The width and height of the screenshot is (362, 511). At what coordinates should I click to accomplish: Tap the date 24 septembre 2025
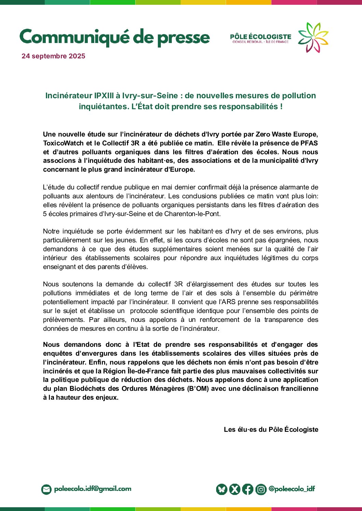pos(53,56)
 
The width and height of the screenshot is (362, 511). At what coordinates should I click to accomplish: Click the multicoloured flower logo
pos(313,38)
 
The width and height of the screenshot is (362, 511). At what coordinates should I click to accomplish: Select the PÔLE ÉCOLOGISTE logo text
pos(261,37)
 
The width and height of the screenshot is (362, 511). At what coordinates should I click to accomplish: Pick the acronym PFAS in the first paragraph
pos(309,143)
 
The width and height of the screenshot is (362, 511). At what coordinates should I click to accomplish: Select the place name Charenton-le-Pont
pos(192,214)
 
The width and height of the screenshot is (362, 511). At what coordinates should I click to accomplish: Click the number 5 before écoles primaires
pos(45,214)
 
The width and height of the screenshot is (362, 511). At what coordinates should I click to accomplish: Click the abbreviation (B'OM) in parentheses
pos(198,388)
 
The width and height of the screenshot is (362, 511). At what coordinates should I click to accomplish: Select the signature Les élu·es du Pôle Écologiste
pos(271,429)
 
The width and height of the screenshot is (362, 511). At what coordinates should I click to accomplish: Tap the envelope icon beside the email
pos(46,489)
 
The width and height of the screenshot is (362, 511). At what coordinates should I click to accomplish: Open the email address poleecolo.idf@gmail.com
pos(93,489)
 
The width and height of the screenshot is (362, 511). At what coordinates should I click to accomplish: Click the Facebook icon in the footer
pos(248,489)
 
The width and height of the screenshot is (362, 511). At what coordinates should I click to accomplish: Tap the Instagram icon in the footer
pos(261,489)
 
